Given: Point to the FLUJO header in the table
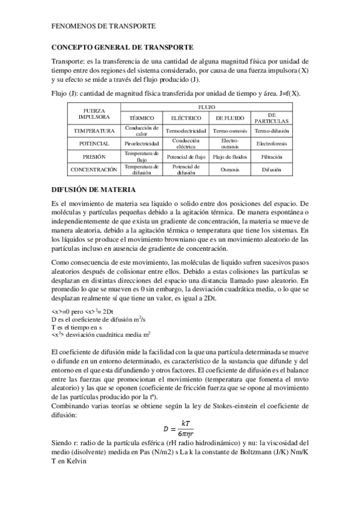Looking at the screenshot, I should click(x=206, y=105).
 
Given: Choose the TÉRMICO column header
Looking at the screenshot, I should click(x=142, y=118).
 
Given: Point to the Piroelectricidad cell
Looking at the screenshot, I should click(x=142, y=144).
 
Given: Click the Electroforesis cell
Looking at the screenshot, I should click(x=271, y=144).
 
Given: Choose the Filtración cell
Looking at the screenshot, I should click(x=271, y=157).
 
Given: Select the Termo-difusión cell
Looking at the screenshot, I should click(x=271, y=131).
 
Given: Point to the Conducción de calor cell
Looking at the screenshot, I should click(x=142, y=131).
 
